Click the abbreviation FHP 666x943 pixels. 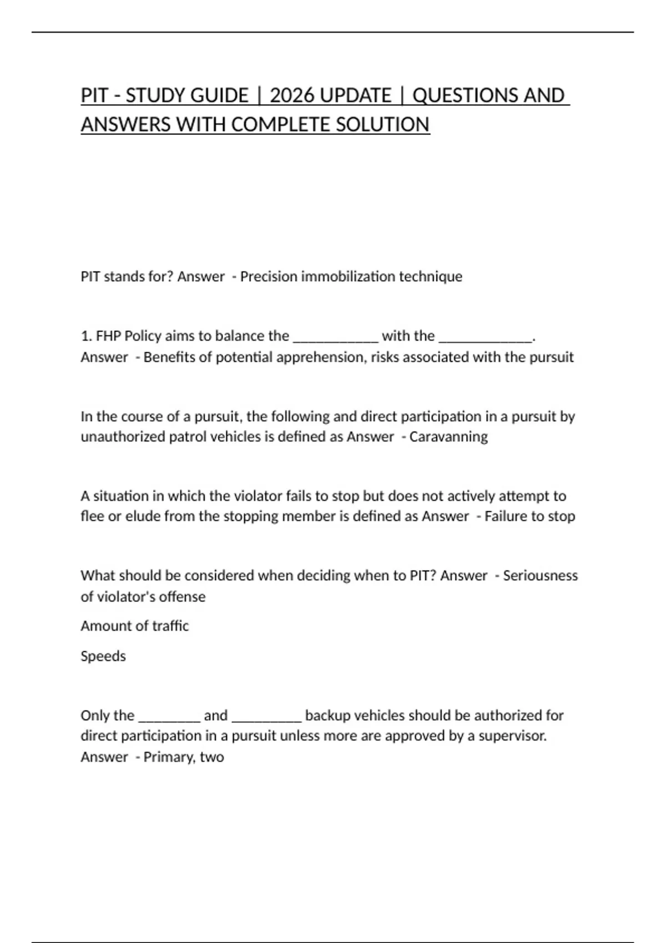coord(108,336)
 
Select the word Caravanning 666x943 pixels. coord(448,437)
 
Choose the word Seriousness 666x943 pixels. coord(540,575)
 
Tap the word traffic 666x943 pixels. coord(170,626)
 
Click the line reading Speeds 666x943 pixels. coord(103,656)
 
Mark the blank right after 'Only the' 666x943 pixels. coord(169,717)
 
